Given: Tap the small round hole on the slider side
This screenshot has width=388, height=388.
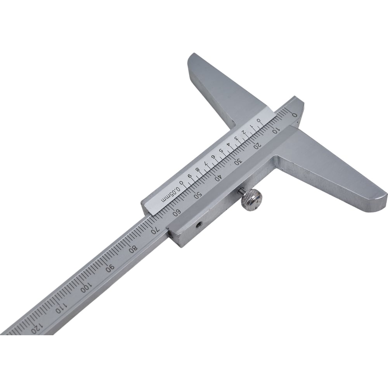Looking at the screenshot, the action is (199, 225).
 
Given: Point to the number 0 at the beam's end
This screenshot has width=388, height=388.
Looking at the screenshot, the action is (294, 115).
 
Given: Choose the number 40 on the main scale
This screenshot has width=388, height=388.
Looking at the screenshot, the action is (218, 177).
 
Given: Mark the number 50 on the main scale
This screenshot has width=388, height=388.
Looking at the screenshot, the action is (197, 195).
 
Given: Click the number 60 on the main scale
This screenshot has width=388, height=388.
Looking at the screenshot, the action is (177, 212).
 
